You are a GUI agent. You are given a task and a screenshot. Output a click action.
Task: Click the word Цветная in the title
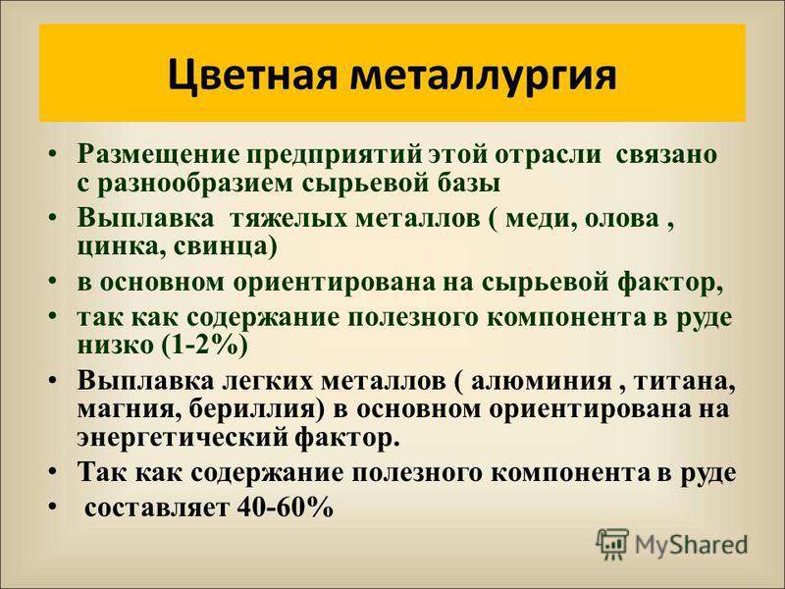click(251, 76)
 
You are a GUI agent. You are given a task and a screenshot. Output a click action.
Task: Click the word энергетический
click(183, 438)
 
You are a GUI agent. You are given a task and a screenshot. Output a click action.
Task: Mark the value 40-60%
click(286, 508)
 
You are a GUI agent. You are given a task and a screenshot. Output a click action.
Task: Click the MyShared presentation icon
click(612, 544)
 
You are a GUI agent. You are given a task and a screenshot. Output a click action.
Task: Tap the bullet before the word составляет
click(54, 509)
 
